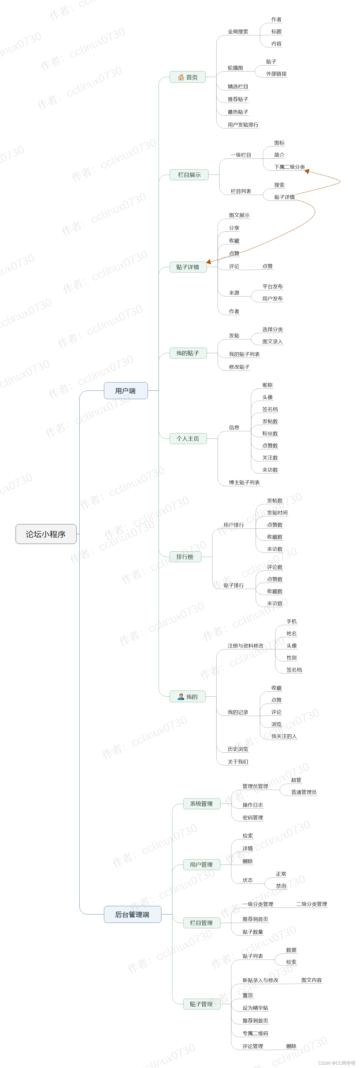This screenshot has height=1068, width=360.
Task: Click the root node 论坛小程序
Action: point(46,534)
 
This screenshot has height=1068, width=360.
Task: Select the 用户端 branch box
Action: point(126,390)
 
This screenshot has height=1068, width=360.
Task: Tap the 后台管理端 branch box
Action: point(132,914)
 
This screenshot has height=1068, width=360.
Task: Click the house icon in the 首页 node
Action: point(181,77)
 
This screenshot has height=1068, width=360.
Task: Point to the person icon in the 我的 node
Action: point(181,697)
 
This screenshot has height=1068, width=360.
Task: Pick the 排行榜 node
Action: point(185,557)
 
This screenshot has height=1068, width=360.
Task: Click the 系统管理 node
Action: point(202,803)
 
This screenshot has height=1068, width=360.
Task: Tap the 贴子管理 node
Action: point(202,1004)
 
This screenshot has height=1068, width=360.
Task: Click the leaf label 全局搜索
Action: point(238,31)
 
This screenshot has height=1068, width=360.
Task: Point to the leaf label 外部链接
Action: point(276,74)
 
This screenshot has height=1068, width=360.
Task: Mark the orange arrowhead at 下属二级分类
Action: point(307,171)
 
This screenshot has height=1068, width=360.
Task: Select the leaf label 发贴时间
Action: point(277,512)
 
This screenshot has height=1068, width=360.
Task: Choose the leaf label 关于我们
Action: point(238,762)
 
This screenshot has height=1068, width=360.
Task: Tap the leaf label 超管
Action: point(296,780)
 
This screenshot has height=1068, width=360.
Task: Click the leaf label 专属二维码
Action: point(256,1033)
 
